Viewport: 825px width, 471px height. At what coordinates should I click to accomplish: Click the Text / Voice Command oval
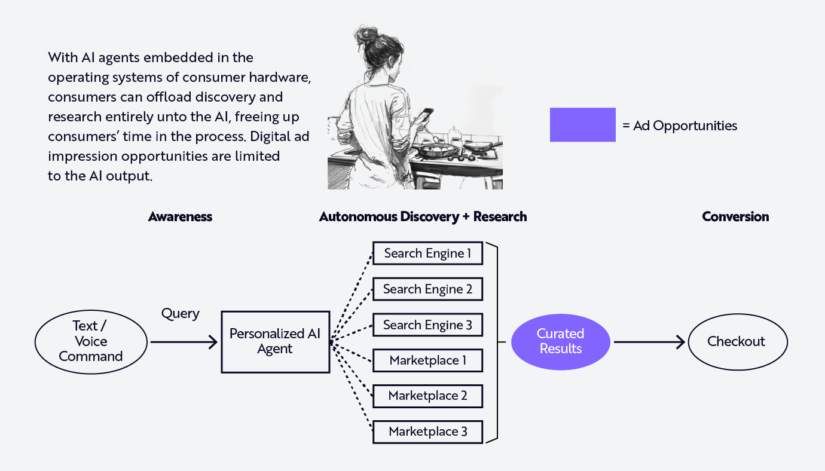click(91, 341)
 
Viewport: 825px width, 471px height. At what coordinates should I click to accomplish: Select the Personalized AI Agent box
click(275, 342)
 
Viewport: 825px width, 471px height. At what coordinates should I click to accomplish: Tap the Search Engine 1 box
click(427, 253)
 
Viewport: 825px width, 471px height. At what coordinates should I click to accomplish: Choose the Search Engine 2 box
click(427, 289)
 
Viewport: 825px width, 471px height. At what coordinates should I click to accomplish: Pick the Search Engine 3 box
click(427, 325)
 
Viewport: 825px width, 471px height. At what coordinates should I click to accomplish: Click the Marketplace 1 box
click(427, 360)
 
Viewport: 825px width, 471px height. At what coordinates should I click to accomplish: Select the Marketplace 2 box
click(427, 396)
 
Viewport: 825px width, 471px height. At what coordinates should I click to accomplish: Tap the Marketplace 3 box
click(427, 432)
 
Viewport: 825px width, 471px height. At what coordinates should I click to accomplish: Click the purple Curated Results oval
click(561, 341)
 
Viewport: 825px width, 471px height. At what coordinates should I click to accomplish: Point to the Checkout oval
click(737, 342)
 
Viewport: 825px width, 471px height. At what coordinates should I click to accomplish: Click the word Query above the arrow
click(180, 314)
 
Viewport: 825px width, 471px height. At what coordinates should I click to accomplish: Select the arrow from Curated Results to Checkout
click(649, 342)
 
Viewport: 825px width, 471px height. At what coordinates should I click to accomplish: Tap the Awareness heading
click(180, 216)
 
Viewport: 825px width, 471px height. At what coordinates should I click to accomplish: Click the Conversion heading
click(735, 216)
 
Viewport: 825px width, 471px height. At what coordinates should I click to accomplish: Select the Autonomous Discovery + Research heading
click(423, 216)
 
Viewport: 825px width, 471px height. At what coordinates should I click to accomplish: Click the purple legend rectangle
click(582, 124)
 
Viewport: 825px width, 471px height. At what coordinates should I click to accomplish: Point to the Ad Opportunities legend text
click(680, 126)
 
